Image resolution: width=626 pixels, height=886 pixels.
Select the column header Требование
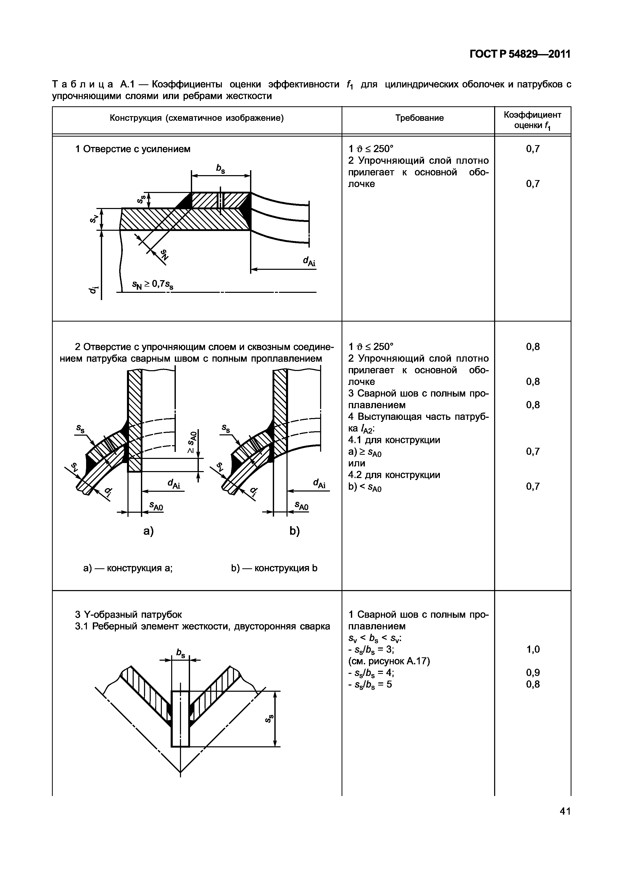point(419,118)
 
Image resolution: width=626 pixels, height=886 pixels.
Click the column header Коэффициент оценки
point(532,120)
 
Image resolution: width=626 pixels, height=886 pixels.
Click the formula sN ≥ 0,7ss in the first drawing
point(153,285)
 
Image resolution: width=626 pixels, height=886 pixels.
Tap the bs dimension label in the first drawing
point(221,169)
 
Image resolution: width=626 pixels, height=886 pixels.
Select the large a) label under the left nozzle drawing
point(148,531)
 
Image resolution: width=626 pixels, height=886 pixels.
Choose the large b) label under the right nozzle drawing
point(295,531)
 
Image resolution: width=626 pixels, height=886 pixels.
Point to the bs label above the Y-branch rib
point(180,653)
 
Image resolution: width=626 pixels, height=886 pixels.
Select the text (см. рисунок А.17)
point(389,661)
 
